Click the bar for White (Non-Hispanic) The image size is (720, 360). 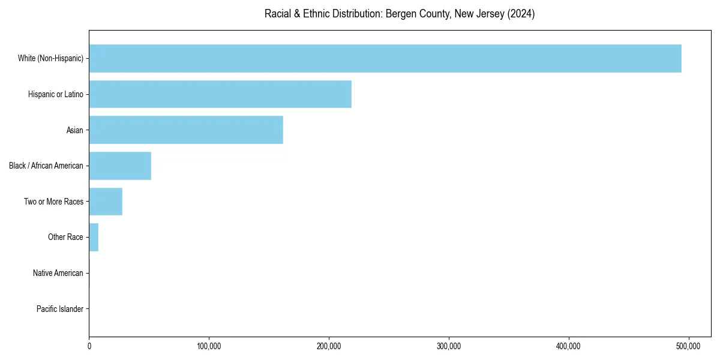(x=385, y=58)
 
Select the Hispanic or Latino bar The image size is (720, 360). (x=220, y=94)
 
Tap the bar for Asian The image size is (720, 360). (x=185, y=130)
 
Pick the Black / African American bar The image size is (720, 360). (x=120, y=166)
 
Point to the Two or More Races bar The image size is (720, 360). (x=106, y=202)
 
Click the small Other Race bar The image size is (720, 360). (x=94, y=237)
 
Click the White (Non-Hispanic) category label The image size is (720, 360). (x=50, y=58)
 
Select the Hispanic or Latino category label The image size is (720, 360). (x=55, y=94)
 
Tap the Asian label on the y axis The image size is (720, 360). (x=74, y=130)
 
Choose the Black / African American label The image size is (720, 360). (x=46, y=166)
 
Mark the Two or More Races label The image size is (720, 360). (x=53, y=202)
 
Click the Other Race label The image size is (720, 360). (x=65, y=237)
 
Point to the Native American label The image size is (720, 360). (x=58, y=273)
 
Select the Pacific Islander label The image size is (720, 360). (x=59, y=309)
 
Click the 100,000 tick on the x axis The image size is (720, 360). (x=209, y=346)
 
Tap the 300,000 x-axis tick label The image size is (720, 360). (x=449, y=346)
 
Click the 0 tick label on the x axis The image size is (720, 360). (x=89, y=346)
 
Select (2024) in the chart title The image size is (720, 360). (x=521, y=14)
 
